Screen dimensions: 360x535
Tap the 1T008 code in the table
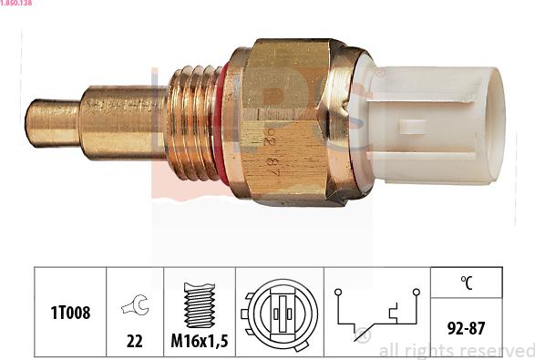point(70,313)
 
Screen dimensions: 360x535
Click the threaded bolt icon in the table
point(199,304)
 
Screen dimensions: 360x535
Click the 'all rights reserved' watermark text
point(456,350)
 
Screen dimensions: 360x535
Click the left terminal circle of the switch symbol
point(338,293)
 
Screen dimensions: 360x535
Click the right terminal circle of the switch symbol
point(416,293)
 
